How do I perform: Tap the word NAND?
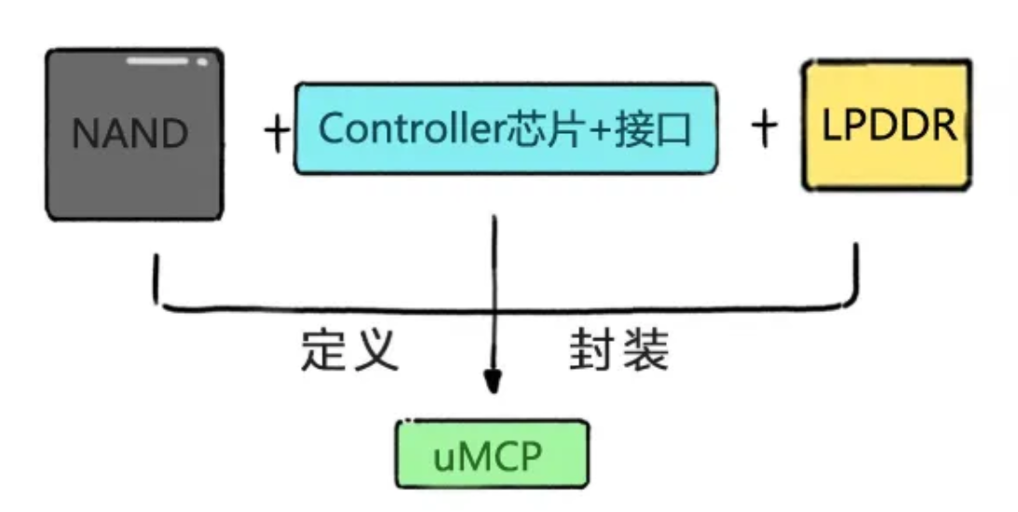(x=129, y=136)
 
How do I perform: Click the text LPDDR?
(x=889, y=126)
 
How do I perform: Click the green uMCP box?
(x=493, y=453)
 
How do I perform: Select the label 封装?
(x=618, y=351)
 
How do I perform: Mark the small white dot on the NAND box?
(x=202, y=62)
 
